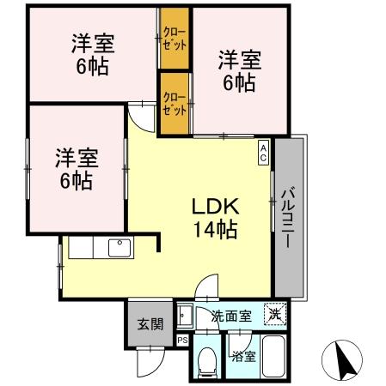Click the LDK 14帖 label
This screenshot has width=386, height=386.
[x=214, y=219]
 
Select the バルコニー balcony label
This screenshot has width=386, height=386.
[x=289, y=219]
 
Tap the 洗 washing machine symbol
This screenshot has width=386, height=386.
[x=273, y=314]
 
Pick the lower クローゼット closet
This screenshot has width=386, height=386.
[x=175, y=104]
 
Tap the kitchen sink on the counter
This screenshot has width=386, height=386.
[x=119, y=248]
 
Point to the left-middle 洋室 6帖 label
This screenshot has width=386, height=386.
[x=77, y=169]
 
